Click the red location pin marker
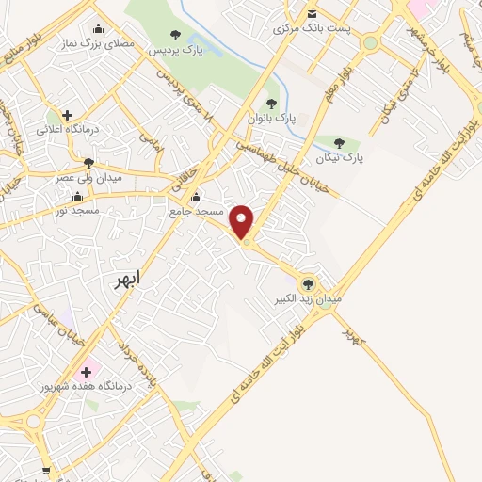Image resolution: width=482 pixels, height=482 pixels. [x=243, y=220]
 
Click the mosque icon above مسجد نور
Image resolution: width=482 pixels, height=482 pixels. [x=76, y=196]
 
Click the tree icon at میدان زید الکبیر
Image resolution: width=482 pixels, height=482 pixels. [x=307, y=283]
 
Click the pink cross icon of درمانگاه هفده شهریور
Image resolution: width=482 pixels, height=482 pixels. [x=86, y=371]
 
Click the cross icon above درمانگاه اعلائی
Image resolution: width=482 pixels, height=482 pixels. [x=68, y=115]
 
